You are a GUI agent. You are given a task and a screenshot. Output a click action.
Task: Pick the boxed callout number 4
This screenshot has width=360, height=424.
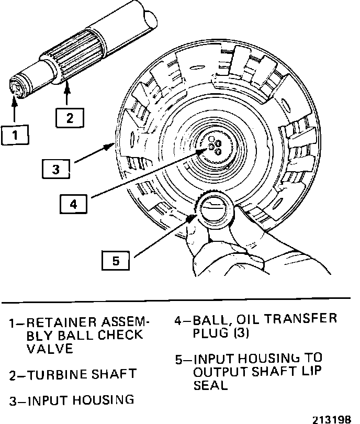[73, 204]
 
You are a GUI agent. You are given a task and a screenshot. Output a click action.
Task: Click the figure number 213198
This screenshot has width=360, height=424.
[333, 418]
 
